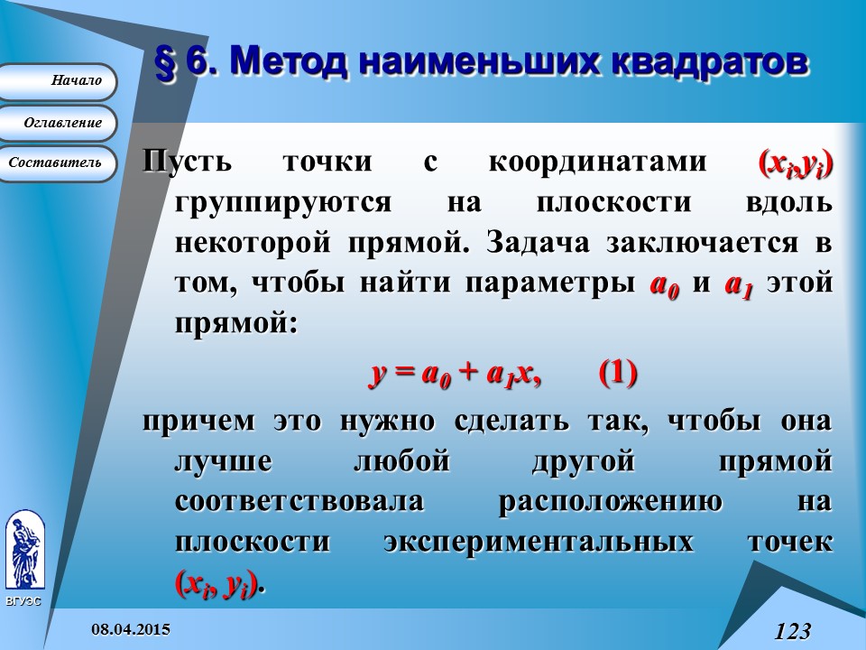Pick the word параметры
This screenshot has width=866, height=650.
click(x=551, y=282)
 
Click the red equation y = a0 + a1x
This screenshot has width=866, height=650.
click(x=456, y=374)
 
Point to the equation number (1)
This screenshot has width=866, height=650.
click(x=618, y=373)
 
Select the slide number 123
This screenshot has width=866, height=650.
click(x=793, y=630)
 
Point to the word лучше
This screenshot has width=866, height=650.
click(x=223, y=462)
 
